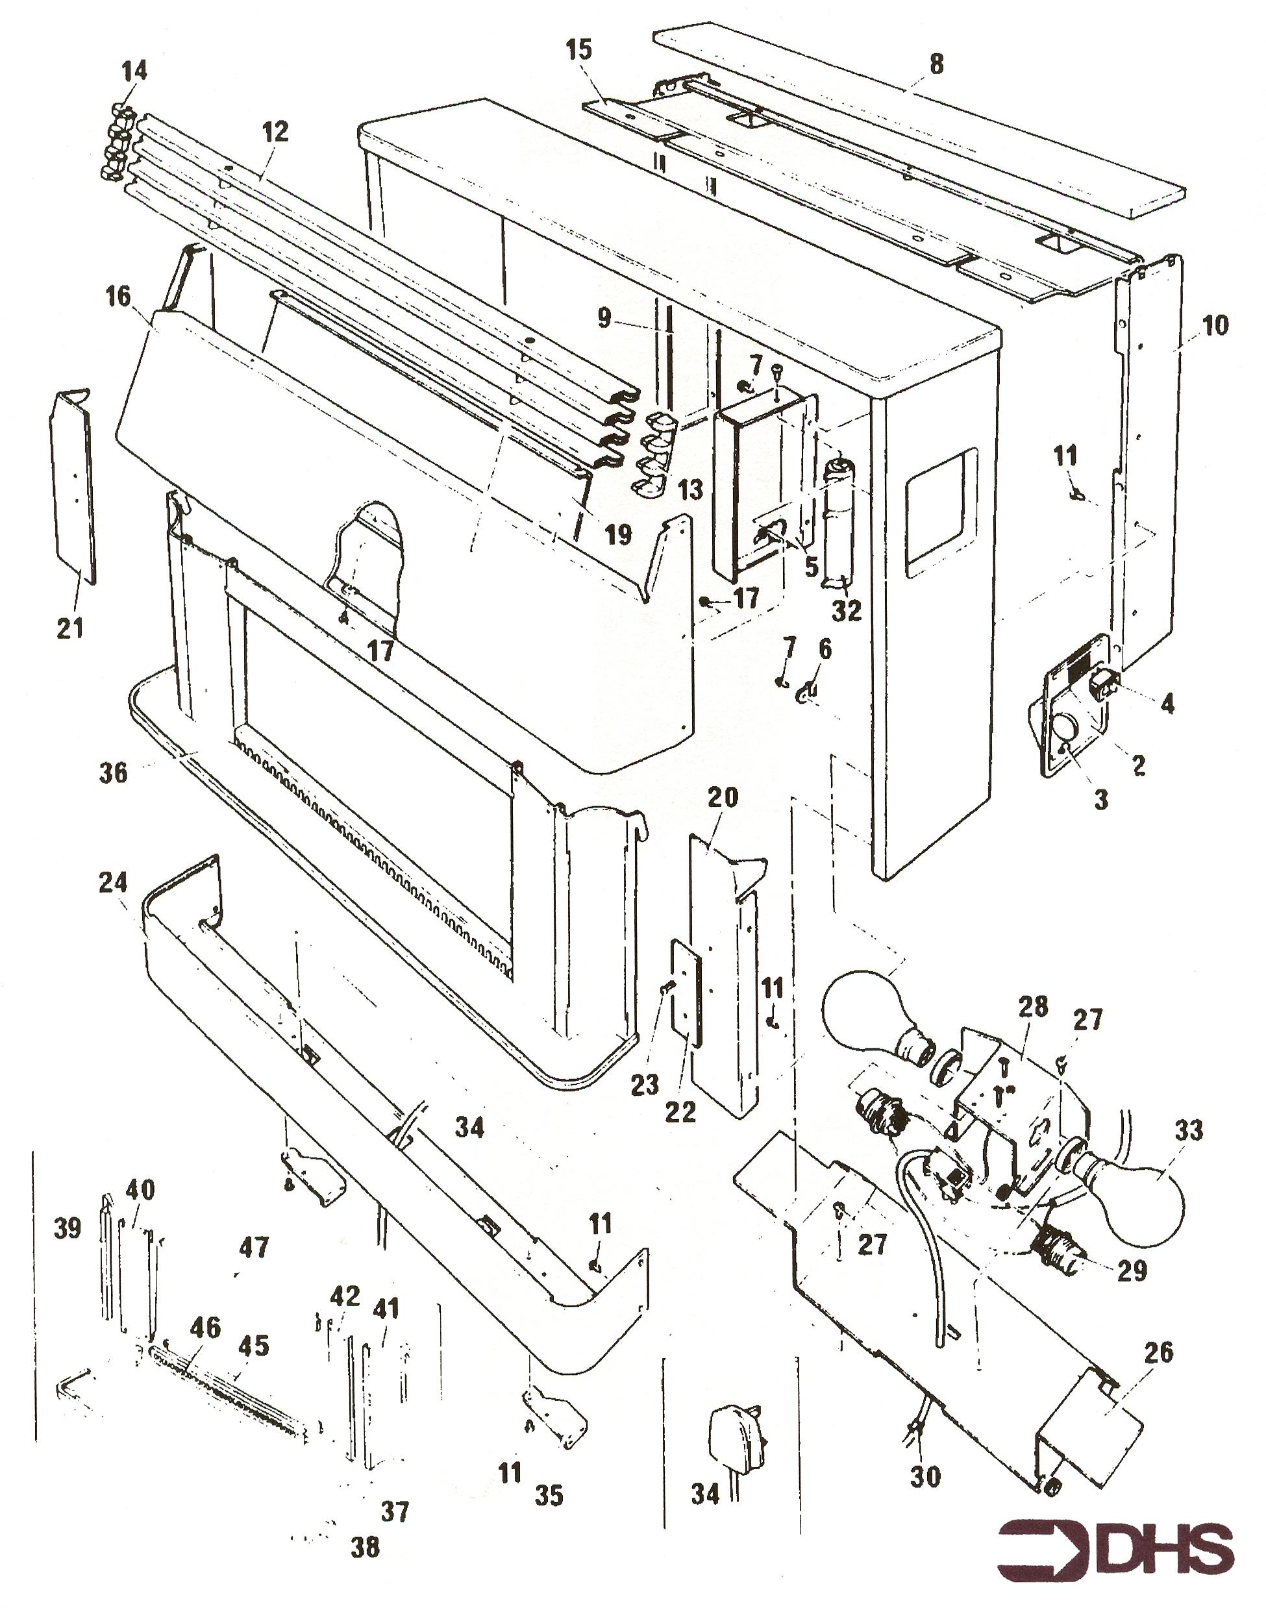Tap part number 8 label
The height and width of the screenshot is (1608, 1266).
936,64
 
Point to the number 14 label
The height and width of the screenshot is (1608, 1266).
134,71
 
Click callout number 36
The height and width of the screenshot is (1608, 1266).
114,773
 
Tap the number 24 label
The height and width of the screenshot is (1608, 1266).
113,882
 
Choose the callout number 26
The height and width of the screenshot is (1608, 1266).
1158,1352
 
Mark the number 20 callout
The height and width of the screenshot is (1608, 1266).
723,797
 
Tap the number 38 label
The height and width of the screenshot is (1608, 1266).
366,1546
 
